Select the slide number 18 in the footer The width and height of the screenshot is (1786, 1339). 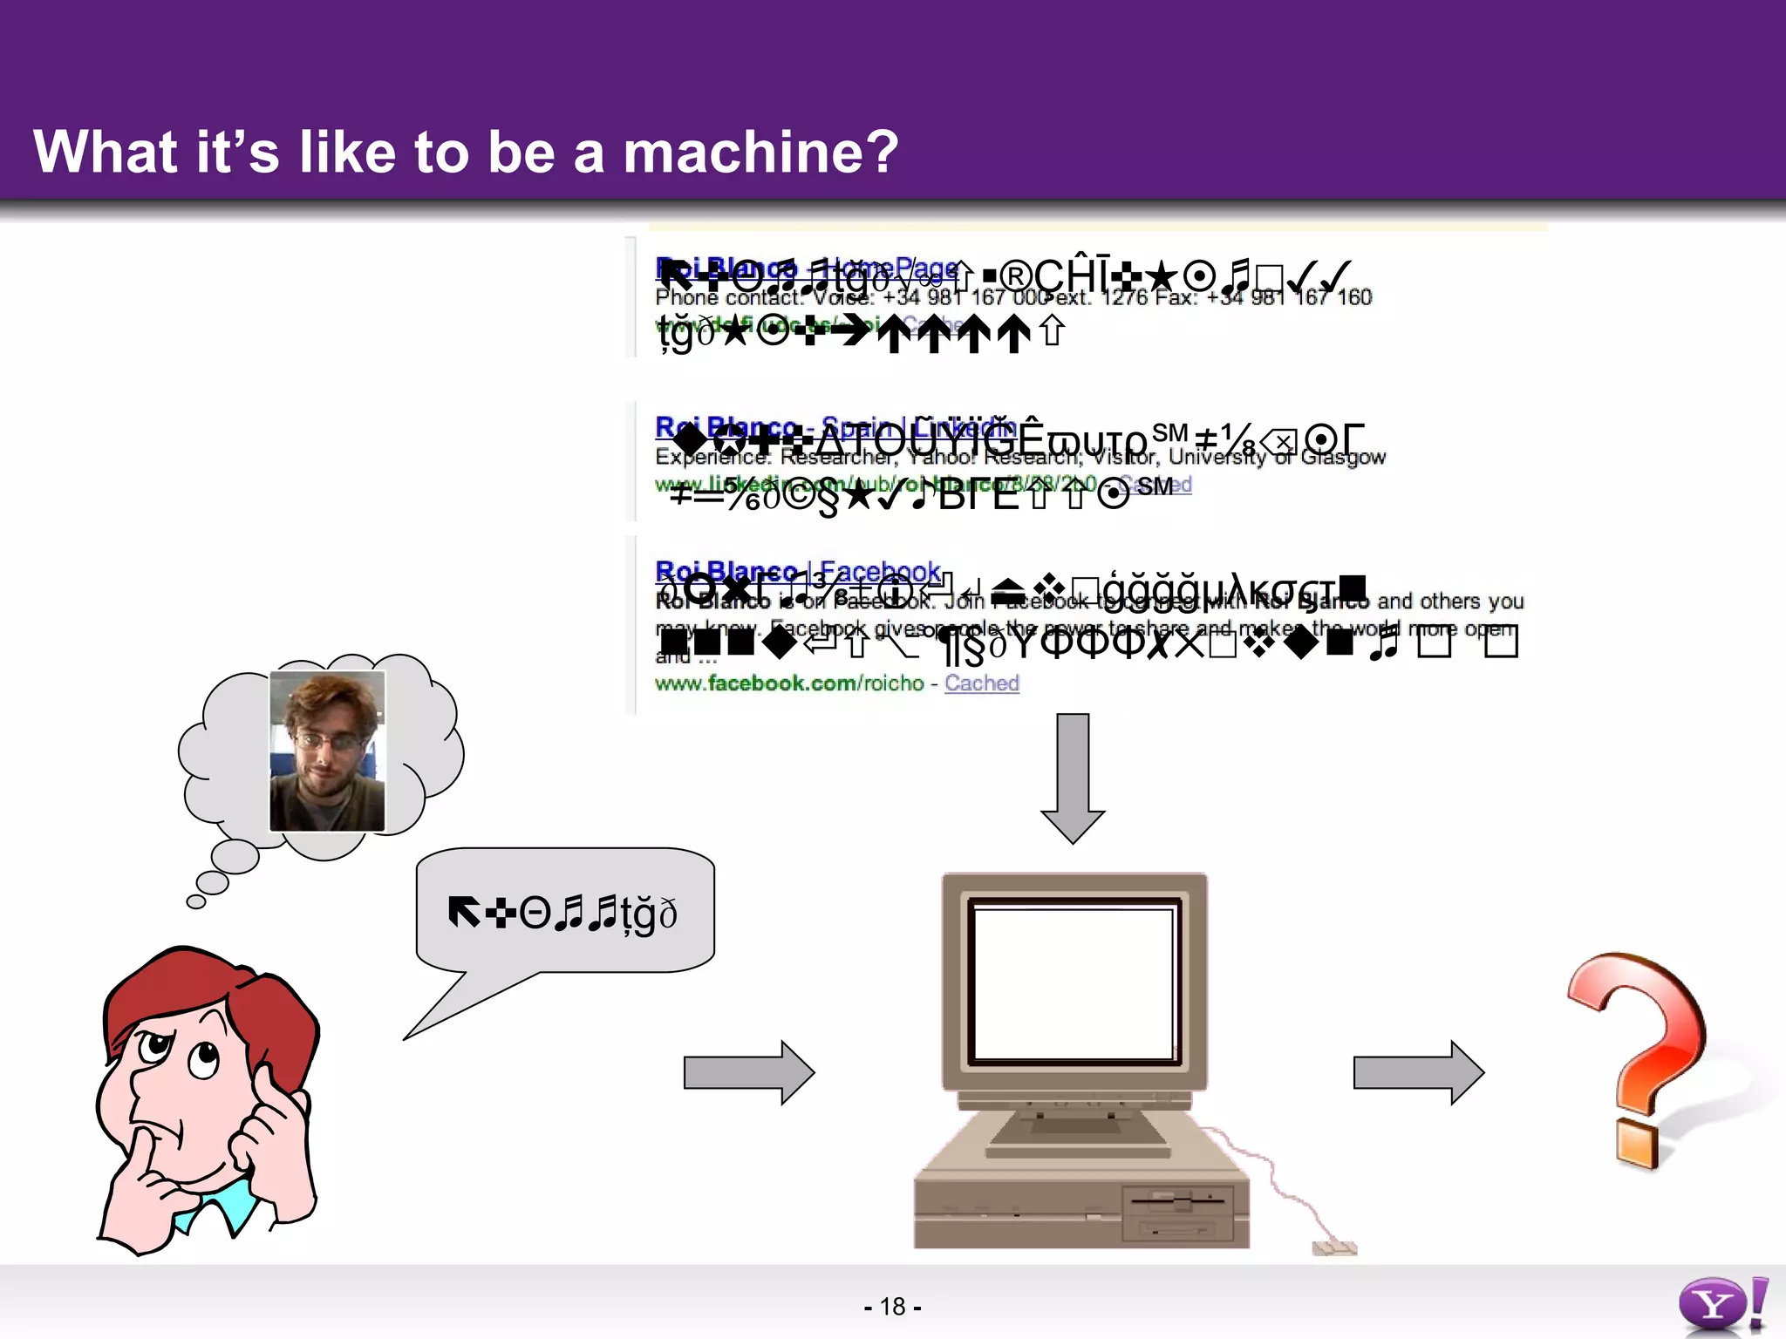(x=892, y=1306)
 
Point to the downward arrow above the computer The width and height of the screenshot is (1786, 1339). (x=1073, y=776)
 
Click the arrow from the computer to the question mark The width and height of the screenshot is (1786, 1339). (x=1418, y=1072)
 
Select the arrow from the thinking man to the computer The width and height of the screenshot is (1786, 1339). (x=748, y=1072)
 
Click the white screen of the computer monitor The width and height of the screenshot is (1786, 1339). (x=1074, y=981)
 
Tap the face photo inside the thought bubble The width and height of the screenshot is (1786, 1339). (x=327, y=750)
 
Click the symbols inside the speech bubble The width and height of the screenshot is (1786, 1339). (x=562, y=914)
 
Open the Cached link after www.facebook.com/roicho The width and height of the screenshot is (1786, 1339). (x=981, y=683)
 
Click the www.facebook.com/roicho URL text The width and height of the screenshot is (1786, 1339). (x=789, y=683)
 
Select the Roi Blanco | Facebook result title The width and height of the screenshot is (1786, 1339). (x=798, y=572)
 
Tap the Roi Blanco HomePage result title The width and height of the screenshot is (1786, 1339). (x=807, y=268)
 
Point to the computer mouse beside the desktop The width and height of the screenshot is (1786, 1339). (x=1334, y=1248)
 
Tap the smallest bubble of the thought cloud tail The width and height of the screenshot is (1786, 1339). (x=196, y=901)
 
